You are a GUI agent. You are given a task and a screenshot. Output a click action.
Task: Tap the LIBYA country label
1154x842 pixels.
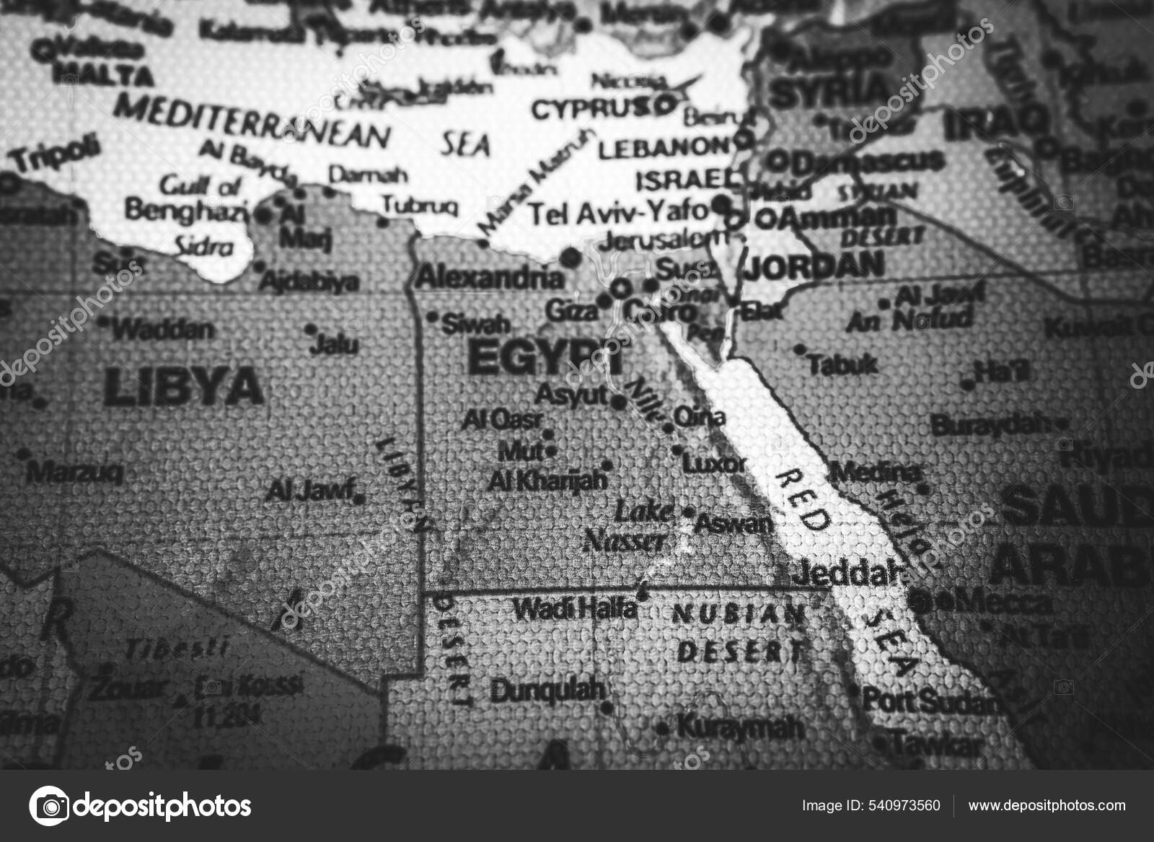183,387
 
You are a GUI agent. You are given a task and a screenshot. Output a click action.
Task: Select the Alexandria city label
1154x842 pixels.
490,276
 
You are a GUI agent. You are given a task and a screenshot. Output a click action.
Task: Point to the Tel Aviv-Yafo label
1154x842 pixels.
619,211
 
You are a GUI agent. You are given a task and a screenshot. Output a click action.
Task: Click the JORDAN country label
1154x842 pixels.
814,266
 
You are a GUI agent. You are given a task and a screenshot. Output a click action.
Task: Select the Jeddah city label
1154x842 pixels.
848,574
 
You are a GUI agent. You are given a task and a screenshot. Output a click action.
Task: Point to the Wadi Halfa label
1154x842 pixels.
576,610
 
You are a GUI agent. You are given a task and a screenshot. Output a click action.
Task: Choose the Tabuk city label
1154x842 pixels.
842,364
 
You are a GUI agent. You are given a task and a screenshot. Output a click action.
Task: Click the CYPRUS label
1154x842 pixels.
590,110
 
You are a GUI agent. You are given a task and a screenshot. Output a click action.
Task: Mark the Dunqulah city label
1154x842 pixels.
547,690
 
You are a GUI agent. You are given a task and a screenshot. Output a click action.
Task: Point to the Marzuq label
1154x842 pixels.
74,473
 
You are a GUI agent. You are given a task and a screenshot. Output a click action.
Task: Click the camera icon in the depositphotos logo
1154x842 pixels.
50,805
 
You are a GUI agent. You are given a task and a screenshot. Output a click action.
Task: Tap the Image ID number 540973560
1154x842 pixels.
906,805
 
